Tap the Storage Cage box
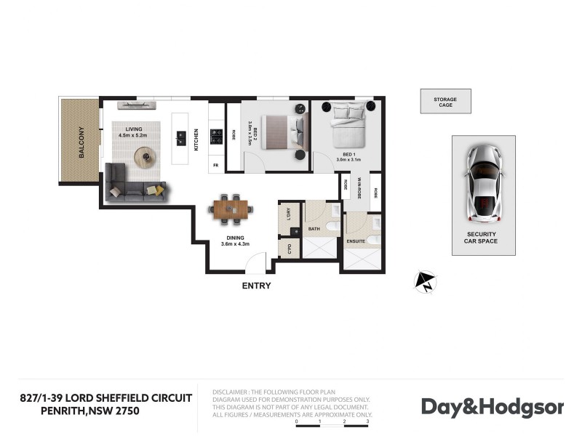coord(445,101)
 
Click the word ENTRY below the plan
coord(256,286)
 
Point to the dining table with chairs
coord(231,209)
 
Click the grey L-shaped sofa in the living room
coord(131,185)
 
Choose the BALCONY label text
coord(81,142)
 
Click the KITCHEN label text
coord(196,139)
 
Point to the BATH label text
coord(314,230)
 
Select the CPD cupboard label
coord(290,249)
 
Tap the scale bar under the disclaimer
coord(332,421)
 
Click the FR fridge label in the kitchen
coord(216,166)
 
